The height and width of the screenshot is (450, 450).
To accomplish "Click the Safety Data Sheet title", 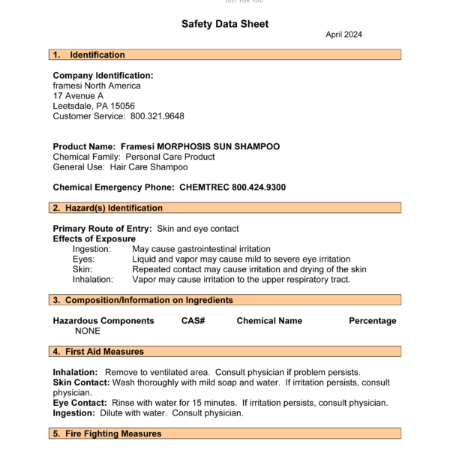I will [224, 24].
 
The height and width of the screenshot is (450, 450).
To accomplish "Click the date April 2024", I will [344, 35].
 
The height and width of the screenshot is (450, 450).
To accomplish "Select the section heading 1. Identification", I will [88, 55].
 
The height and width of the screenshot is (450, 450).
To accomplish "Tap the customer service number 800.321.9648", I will [157, 116].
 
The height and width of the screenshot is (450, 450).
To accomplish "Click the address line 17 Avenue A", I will [78, 96].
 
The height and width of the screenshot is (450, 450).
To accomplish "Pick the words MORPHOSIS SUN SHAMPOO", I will [223, 146].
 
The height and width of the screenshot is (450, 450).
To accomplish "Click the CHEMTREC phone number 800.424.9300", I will [259, 187].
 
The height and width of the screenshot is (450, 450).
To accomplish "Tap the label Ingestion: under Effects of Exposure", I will [91, 249].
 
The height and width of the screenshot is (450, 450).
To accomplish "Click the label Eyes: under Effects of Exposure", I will [84, 259].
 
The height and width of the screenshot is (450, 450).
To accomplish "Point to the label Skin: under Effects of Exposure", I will [82, 269].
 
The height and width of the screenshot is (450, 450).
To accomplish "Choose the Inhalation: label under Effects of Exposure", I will [93, 279].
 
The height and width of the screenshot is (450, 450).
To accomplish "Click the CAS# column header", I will [193, 320].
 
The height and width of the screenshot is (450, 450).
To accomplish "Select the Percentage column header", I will [372, 320].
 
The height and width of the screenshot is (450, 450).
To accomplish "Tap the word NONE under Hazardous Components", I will [88, 331].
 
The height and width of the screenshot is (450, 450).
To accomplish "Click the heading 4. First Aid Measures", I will [97, 351].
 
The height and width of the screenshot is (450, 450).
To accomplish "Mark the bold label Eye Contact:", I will [79, 403].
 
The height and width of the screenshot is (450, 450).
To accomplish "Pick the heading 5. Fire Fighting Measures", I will [106, 433].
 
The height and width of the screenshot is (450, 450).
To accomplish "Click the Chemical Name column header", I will [269, 320].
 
